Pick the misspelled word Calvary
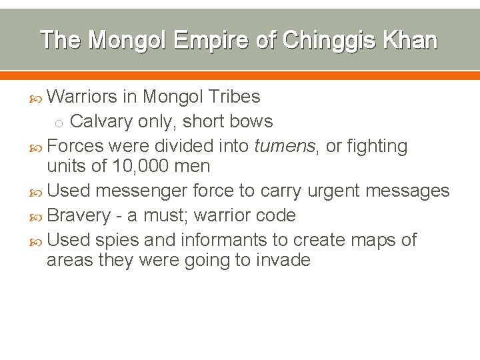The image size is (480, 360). click(101, 121)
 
